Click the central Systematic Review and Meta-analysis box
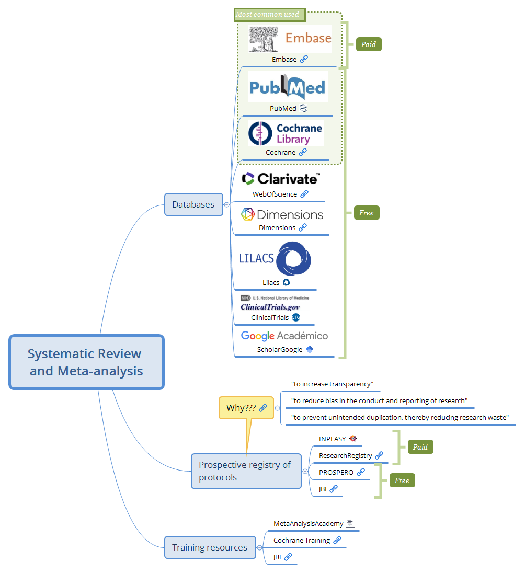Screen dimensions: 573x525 point(86,362)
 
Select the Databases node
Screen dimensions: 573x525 point(193,204)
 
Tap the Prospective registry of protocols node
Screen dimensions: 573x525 point(246,471)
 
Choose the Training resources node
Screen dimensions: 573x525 point(210,547)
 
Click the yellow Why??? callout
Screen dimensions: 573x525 point(246,408)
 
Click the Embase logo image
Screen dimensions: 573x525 point(290,39)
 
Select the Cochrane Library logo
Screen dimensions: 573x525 point(286,133)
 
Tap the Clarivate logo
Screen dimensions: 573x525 point(281,179)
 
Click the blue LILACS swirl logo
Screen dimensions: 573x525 point(293,258)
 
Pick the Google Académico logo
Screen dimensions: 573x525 point(284,336)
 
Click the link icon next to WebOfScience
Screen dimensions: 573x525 point(304,194)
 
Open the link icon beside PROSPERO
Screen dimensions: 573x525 point(361,472)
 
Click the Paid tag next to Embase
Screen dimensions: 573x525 point(369,44)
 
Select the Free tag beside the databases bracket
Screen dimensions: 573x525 point(366,213)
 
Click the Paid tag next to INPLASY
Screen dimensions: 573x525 point(420,447)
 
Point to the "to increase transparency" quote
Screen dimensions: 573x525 point(332,384)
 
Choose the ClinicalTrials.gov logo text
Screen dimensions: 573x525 point(270,307)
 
